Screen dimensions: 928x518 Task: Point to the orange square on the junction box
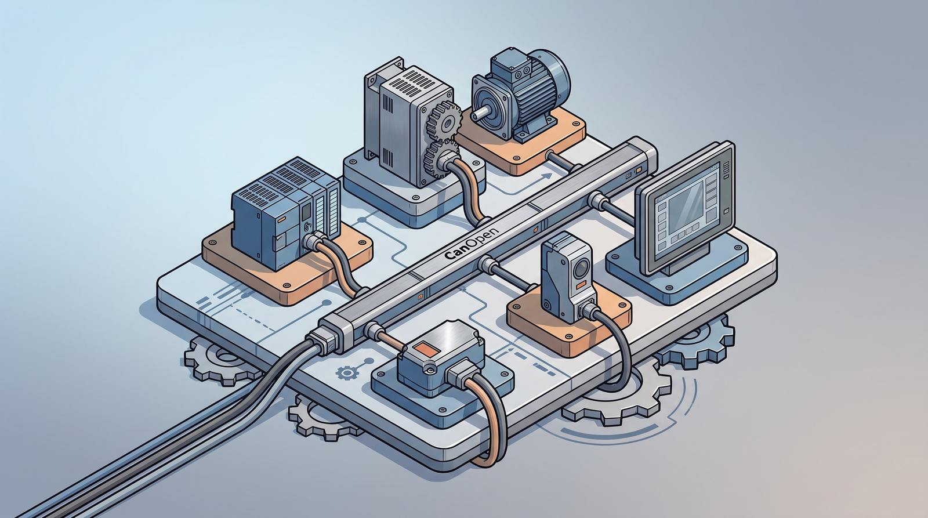pos(427,349)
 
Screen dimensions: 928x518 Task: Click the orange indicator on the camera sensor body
pos(581,284)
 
